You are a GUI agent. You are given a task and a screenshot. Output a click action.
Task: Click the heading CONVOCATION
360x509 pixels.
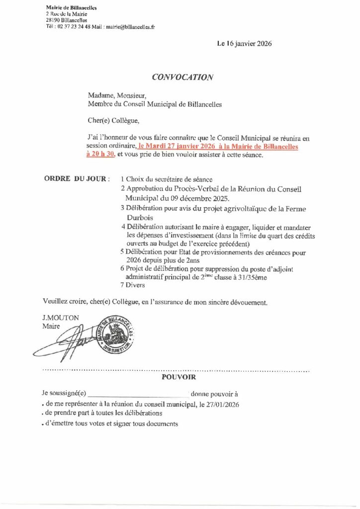[182, 77]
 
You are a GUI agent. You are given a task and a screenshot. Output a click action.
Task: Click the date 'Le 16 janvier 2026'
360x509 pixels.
[244, 44]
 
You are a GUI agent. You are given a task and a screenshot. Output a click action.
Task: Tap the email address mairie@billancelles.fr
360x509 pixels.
[130, 27]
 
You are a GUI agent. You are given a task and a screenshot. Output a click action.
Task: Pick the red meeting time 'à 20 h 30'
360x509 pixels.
[100, 155]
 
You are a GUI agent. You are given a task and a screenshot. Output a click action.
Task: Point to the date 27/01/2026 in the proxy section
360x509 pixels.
[223, 405]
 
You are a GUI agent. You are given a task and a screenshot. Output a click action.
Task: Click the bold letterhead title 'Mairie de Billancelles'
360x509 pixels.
[71, 7]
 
